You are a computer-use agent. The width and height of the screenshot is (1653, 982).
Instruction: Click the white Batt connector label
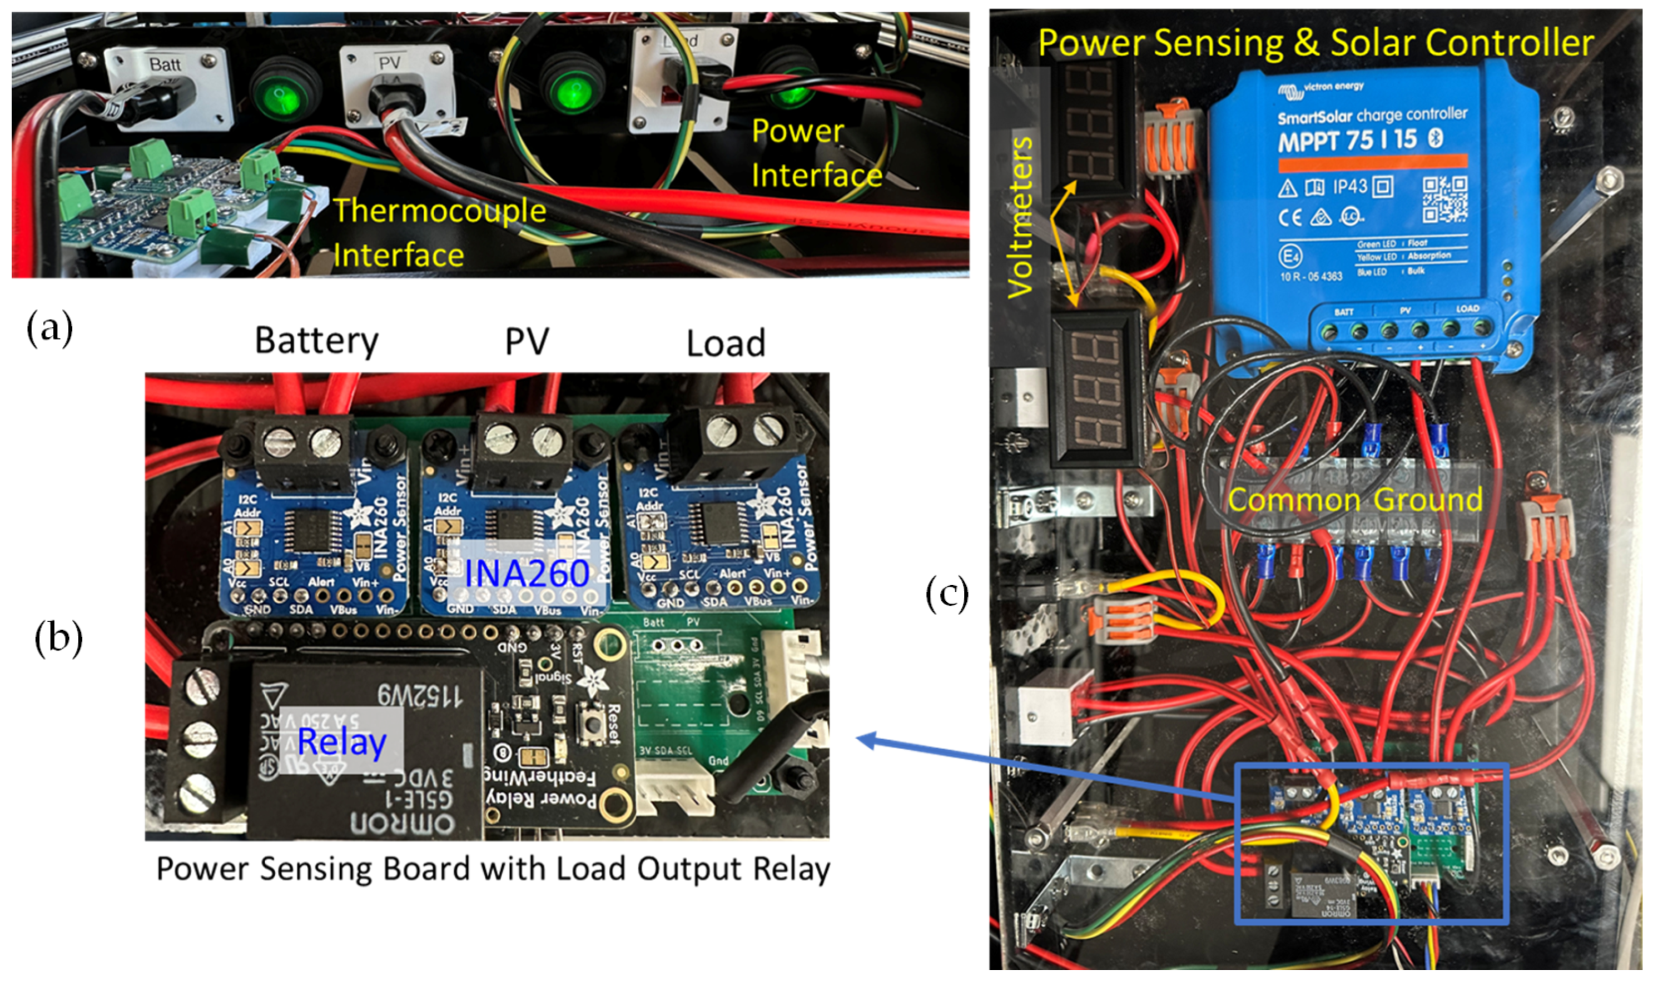point(164,64)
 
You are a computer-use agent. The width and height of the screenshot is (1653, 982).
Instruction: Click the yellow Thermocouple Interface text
point(439,232)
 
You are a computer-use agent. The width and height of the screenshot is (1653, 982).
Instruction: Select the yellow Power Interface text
point(816,153)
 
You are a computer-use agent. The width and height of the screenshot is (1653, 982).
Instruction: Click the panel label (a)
point(49,327)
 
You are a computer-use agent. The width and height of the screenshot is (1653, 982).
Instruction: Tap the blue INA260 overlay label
point(527,572)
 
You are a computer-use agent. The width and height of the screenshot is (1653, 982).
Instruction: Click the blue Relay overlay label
point(341,741)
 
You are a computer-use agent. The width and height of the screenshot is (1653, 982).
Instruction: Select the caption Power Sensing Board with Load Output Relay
point(493,869)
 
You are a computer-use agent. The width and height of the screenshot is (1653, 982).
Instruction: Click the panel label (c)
point(947,594)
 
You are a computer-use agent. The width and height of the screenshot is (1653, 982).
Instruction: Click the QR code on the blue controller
point(1445,198)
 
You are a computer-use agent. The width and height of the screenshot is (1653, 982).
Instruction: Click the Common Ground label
point(1354,500)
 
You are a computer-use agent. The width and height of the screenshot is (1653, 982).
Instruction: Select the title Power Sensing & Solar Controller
point(1315,43)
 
